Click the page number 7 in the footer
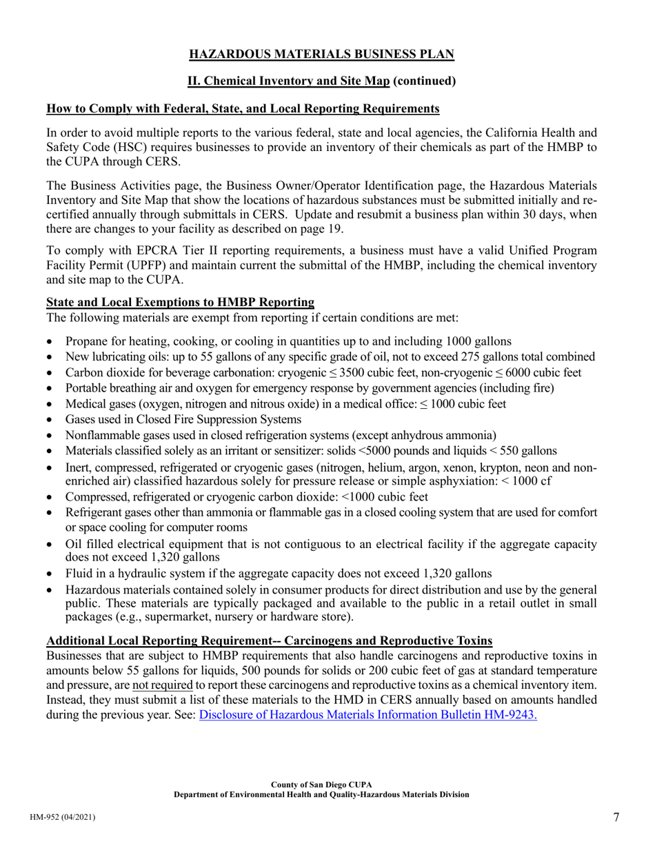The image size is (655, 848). pos(616,818)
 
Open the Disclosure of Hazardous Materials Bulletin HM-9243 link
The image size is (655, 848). pos(367,715)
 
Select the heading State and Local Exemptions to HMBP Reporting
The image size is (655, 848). pos(180,302)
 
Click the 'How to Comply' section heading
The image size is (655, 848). pos(243,109)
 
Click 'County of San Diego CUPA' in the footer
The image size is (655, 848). pos(321,785)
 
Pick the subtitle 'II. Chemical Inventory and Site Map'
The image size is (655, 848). pos(289,81)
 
